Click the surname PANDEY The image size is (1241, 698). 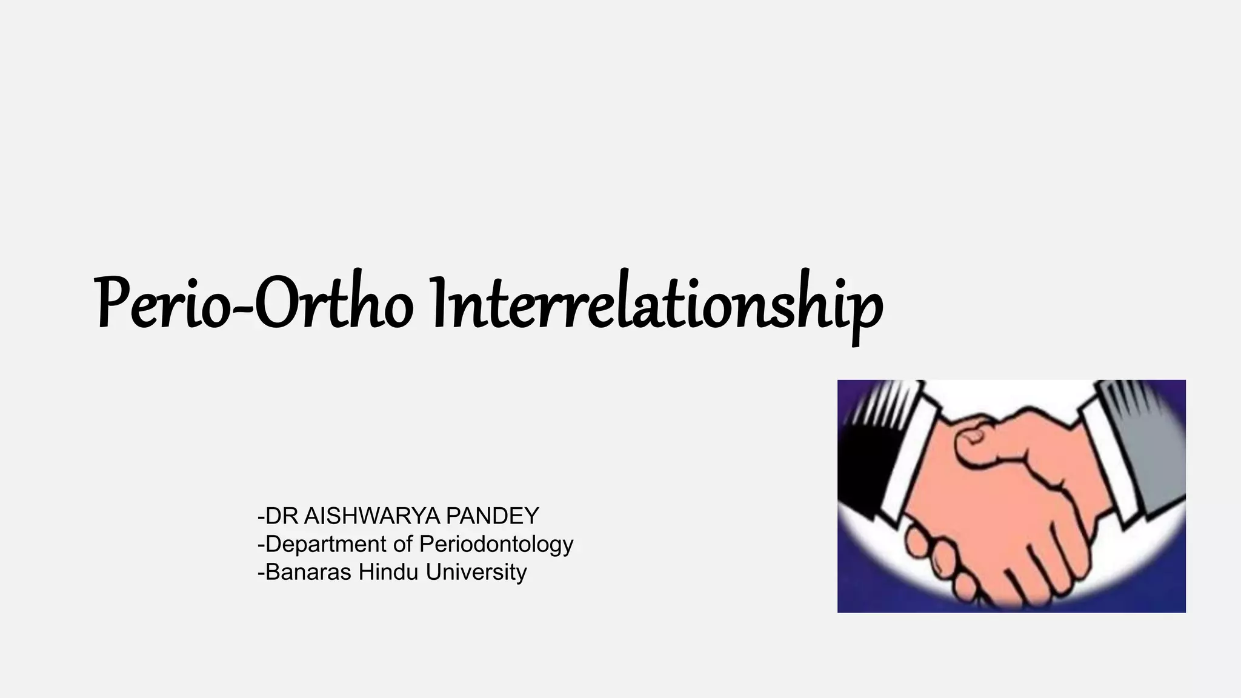pos(492,516)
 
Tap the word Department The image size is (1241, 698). pos(326,544)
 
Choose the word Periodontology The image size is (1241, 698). pos(496,544)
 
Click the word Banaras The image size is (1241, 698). pos(308,572)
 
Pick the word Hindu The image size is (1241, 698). pos(388,572)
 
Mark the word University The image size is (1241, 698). pos(476,572)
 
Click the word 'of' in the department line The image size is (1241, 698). pos(403,544)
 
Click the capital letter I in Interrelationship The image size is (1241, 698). pos(441,303)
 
